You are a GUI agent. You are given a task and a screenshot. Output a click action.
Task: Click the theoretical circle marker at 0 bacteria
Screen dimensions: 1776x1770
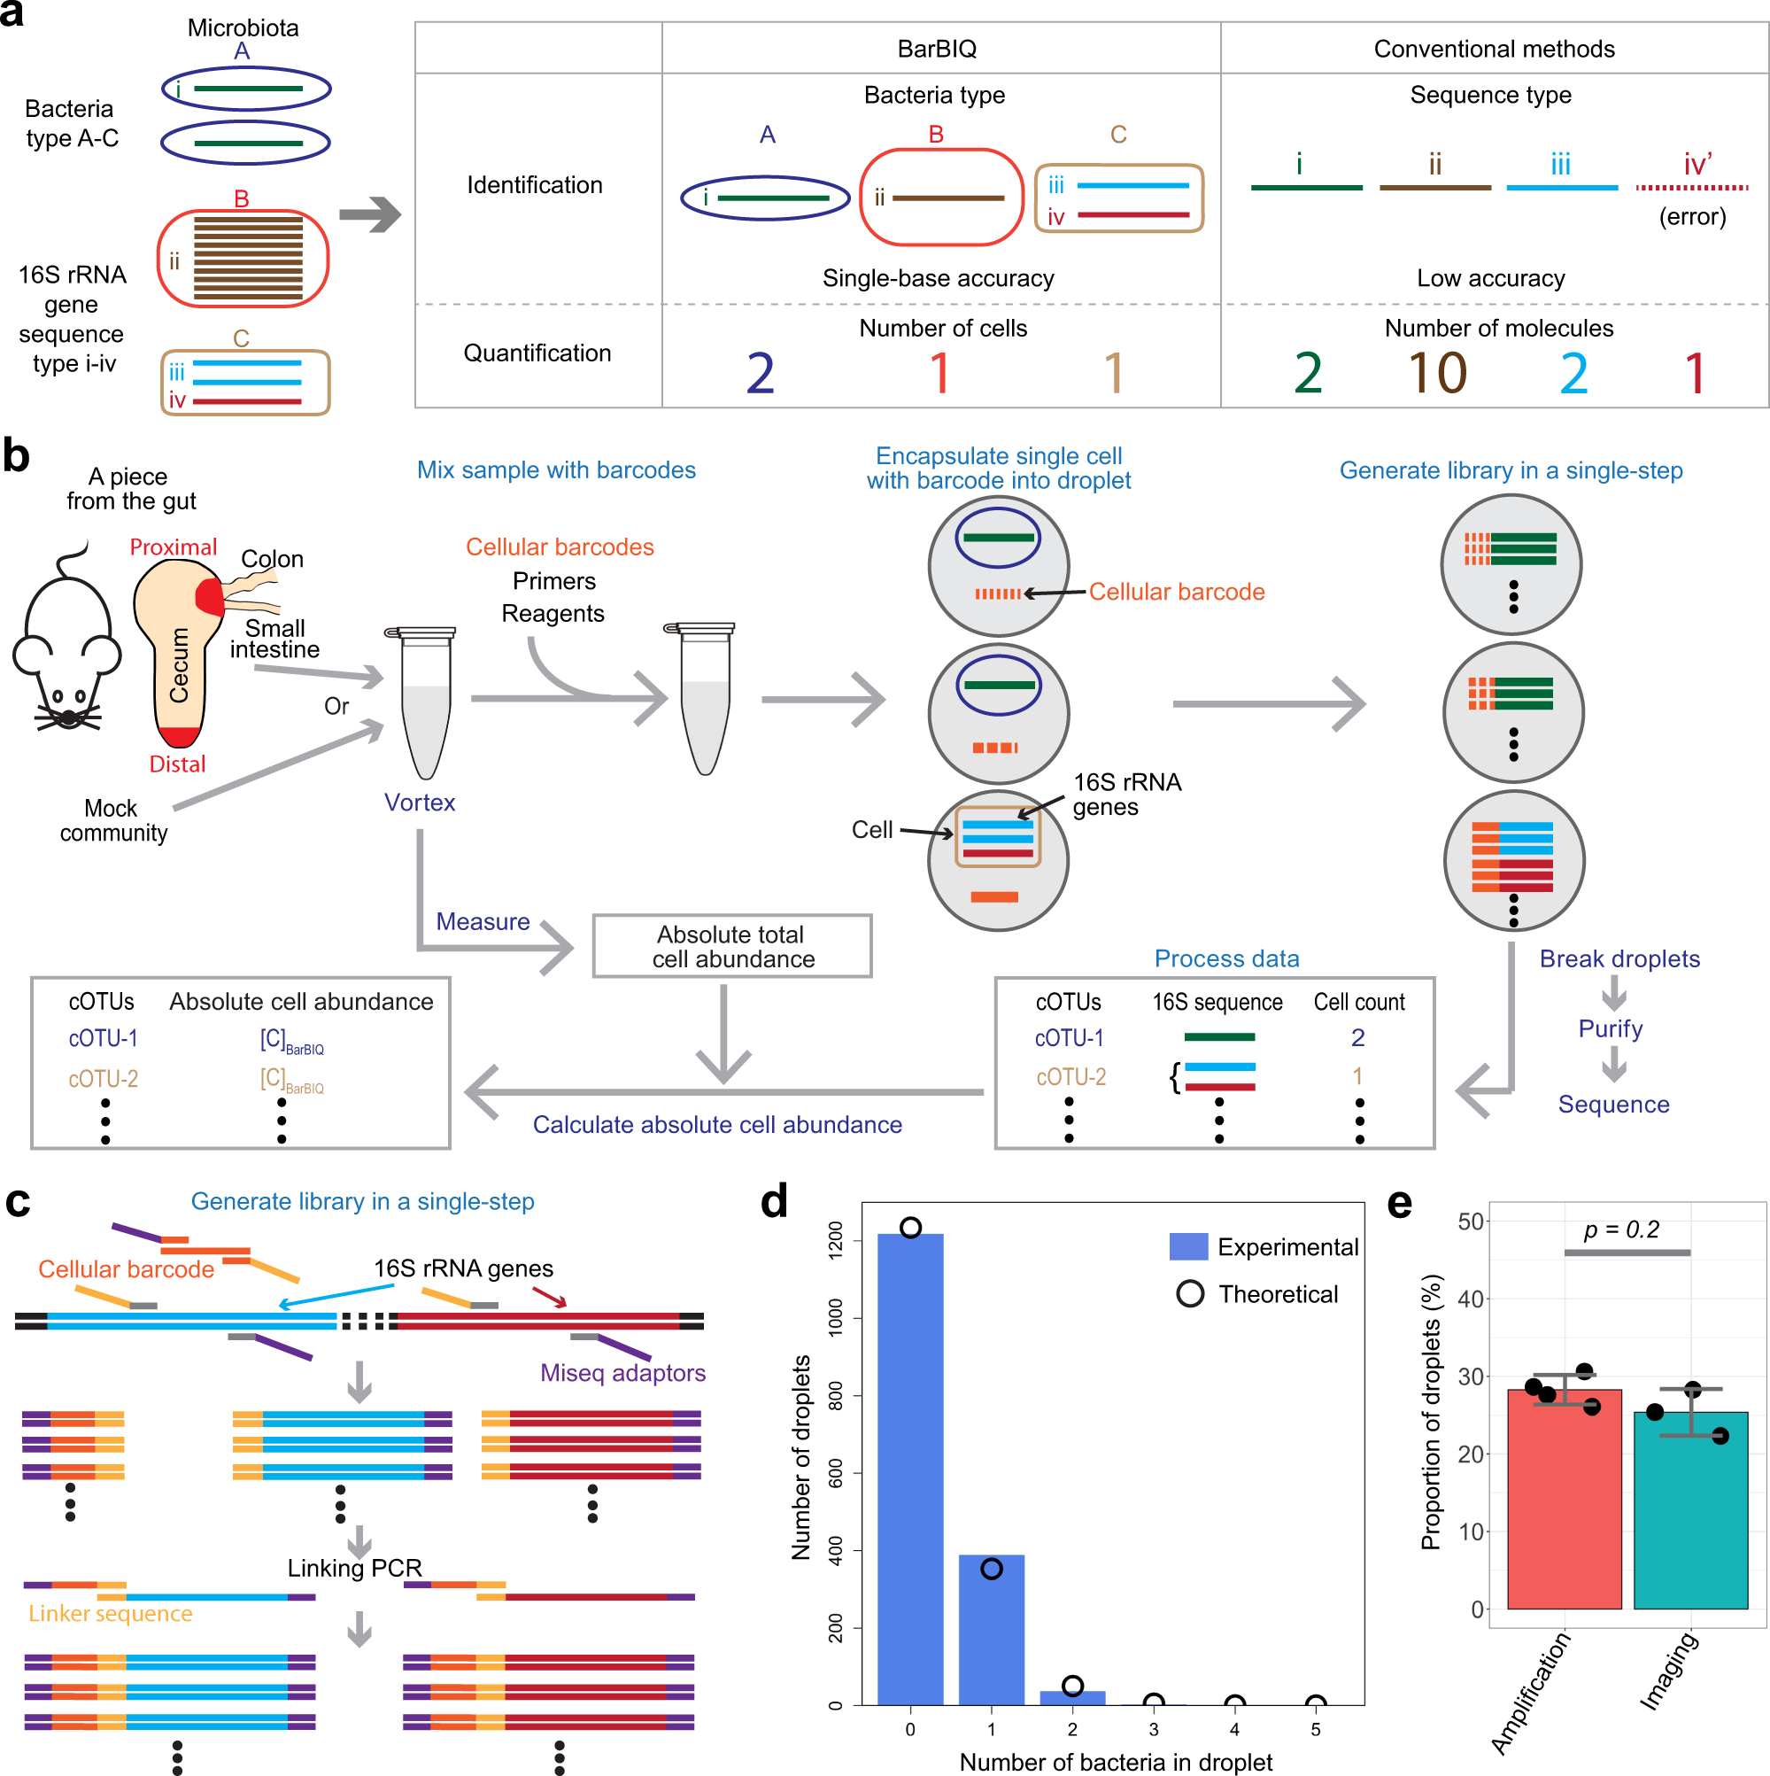click(910, 1227)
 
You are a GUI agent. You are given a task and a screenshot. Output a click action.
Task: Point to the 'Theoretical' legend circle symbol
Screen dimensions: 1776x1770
click(1189, 1293)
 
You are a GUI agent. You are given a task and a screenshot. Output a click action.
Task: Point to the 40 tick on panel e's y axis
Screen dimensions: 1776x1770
click(1471, 1298)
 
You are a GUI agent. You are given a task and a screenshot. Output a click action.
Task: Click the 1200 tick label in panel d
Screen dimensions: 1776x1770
click(834, 1240)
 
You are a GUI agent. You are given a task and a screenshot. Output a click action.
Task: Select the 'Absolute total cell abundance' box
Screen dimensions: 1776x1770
click(731, 946)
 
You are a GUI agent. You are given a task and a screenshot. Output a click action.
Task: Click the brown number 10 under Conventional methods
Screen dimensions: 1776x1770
click(1436, 373)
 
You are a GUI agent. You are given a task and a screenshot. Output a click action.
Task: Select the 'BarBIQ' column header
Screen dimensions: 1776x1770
click(937, 49)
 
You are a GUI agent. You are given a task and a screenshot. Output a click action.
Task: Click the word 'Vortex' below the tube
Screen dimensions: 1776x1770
click(419, 803)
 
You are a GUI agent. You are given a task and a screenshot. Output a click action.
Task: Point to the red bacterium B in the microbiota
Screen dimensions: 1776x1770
click(243, 259)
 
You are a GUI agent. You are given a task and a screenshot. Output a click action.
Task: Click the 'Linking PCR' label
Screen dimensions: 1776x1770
click(354, 1567)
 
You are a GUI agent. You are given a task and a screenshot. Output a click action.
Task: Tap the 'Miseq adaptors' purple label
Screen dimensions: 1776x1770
click(622, 1372)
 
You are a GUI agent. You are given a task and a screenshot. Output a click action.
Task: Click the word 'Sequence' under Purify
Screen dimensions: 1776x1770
click(1613, 1104)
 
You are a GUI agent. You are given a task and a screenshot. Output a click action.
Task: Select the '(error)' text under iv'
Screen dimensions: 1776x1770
click(1691, 217)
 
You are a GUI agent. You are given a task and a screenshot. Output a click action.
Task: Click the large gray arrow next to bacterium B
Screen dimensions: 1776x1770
click(369, 215)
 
